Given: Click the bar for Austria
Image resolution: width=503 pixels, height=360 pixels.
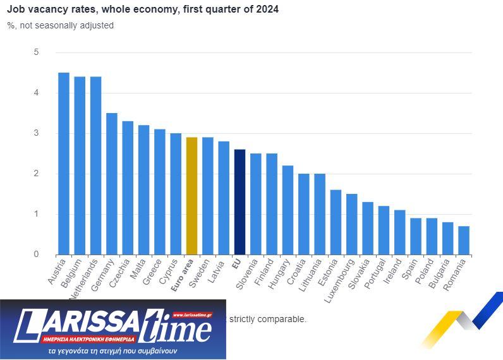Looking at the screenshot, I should point(64,164).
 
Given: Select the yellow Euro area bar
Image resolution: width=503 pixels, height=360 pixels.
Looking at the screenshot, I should point(191,196).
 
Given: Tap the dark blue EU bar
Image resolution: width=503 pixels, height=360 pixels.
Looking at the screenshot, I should point(239,202).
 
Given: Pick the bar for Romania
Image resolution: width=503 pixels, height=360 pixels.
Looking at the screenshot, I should point(464,240).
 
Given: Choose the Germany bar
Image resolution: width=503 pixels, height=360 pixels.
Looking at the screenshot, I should point(112,184).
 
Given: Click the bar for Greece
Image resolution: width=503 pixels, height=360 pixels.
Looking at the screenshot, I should point(160,192).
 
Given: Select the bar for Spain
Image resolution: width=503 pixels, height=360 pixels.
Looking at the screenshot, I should point(416,236).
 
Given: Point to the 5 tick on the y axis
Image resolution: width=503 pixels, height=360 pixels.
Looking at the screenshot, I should point(36,52).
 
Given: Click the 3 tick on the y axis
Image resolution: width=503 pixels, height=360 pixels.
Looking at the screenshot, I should point(36,133).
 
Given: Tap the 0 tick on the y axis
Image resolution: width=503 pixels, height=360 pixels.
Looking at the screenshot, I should point(36,255).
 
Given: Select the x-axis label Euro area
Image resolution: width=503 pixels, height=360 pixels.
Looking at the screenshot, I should point(183,277).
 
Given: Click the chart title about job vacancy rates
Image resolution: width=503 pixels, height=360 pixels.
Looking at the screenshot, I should point(143,9).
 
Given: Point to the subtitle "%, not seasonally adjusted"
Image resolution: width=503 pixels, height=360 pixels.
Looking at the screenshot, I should point(61,25).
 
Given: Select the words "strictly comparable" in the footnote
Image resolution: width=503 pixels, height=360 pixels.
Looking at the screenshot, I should point(268,319).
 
